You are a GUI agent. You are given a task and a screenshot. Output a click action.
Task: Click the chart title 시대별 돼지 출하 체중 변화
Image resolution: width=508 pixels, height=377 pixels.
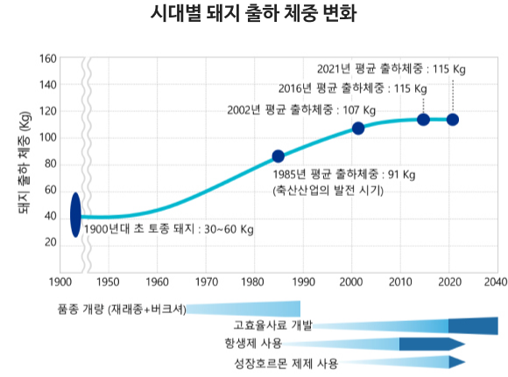pos(254,14)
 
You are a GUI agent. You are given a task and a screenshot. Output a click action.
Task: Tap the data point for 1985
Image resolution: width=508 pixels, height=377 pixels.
pos(278,157)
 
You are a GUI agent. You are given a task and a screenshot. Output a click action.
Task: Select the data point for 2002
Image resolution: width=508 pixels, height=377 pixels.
pos(358,129)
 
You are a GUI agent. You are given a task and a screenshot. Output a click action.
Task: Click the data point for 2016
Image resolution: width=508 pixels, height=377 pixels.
pos(423,120)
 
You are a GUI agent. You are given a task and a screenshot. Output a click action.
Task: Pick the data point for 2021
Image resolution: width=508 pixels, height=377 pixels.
pos(453,120)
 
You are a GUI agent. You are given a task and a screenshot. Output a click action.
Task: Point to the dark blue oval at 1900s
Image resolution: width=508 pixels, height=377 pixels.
pos(75,215)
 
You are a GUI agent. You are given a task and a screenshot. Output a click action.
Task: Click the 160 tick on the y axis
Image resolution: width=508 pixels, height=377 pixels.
pos(48,59)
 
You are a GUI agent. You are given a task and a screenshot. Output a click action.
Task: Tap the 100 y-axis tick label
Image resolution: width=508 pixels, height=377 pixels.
pos(48,137)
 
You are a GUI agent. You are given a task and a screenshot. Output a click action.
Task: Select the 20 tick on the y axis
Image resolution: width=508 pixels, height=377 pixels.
pos(51,242)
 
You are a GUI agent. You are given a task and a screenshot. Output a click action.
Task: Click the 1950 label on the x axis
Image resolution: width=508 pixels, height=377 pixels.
pos(109,283)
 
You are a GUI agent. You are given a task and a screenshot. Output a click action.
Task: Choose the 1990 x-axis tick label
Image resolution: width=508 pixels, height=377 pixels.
pos(303,283)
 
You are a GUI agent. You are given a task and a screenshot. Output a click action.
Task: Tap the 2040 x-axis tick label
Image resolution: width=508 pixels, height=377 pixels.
pos(496,283)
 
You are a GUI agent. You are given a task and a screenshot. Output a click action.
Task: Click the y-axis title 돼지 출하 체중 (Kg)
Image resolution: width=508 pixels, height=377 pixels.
pos(25,163)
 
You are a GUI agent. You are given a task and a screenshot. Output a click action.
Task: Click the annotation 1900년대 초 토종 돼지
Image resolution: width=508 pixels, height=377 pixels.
pos(139,229)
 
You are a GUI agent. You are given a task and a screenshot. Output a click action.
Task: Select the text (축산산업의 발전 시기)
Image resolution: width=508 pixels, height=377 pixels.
pos(328,191)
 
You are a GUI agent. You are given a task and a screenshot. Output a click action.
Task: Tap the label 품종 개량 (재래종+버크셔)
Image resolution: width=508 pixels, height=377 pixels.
pos(122,310)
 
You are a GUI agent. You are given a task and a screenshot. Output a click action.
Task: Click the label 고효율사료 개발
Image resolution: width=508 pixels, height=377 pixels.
pos(272,325)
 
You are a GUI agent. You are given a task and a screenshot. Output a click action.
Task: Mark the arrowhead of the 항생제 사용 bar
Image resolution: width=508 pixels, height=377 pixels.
pos(457,344)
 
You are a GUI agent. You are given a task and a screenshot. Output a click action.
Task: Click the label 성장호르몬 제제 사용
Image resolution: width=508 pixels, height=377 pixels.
pos(286,364)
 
